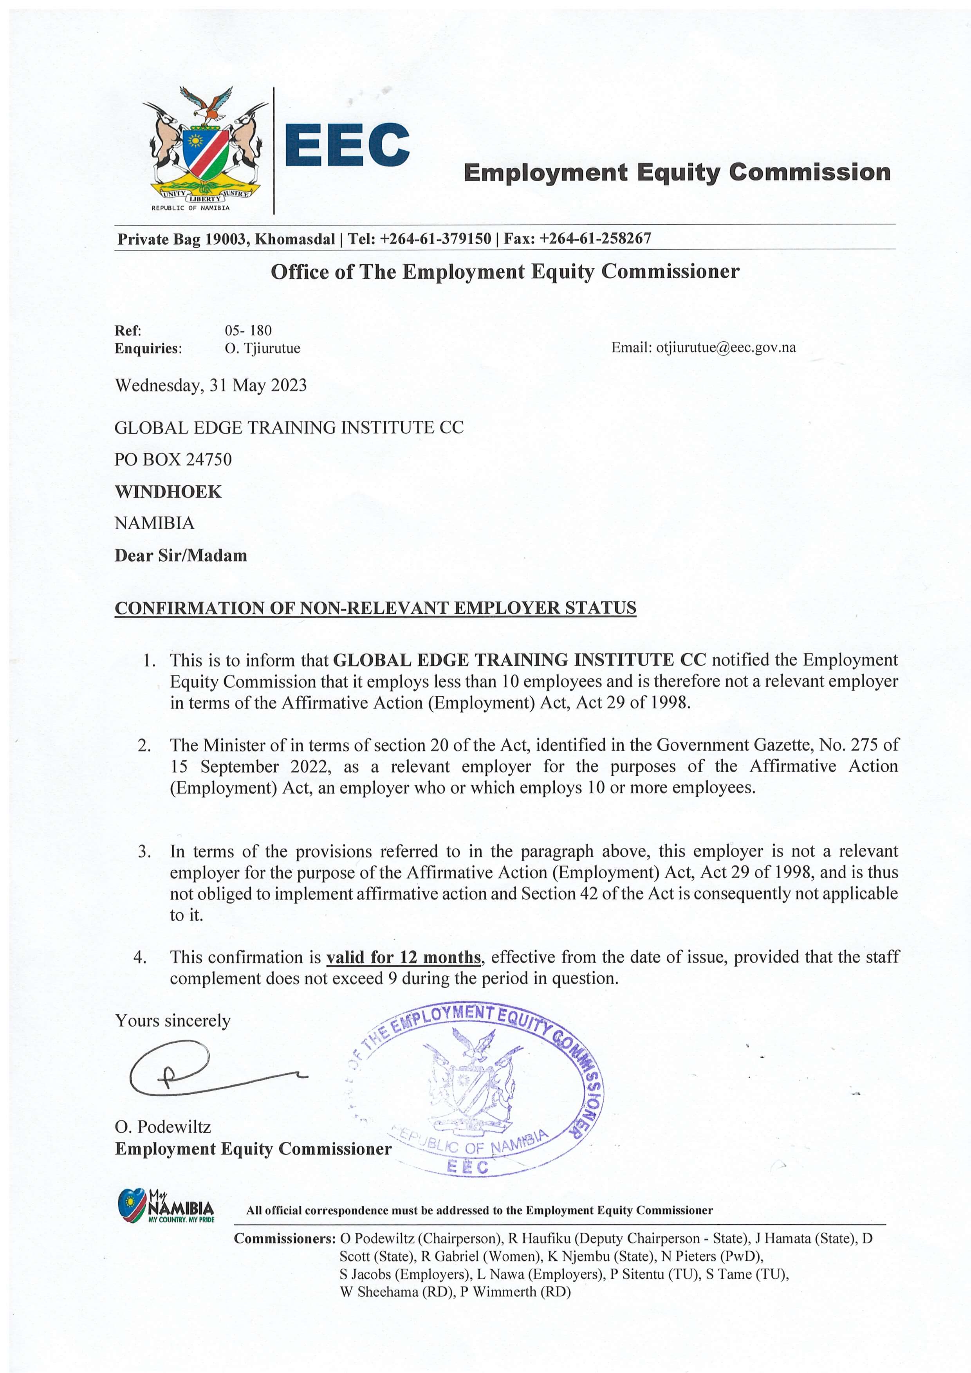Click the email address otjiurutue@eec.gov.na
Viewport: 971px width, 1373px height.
726,348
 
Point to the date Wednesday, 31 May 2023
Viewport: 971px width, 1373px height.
211,385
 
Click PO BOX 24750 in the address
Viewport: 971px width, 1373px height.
173,459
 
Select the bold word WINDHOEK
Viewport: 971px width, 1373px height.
168,492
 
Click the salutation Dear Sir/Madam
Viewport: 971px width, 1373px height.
180,555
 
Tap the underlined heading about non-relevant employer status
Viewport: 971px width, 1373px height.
375,608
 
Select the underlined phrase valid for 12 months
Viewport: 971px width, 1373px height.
403,957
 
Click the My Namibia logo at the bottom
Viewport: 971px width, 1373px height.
165,1207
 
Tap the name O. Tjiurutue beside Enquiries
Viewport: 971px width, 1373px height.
263,348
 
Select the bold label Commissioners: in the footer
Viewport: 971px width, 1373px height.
284,1238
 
